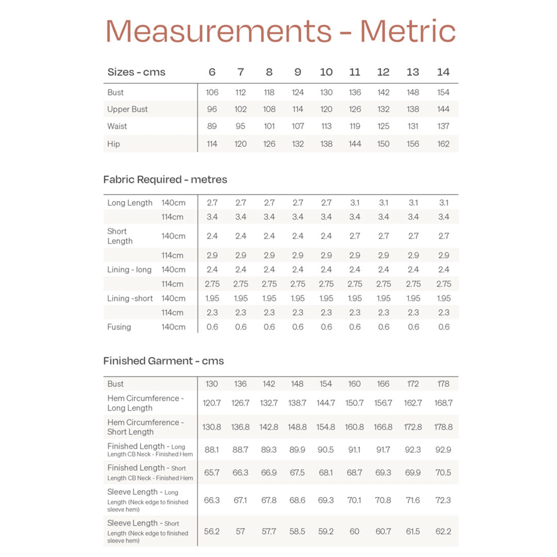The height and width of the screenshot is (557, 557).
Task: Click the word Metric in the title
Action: click(x=407, y=31)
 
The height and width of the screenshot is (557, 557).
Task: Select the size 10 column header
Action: click(x=326, y=72)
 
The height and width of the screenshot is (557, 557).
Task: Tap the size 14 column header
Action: click(x=443, y=72)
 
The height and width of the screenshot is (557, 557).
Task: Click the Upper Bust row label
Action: click(x=127, y=109)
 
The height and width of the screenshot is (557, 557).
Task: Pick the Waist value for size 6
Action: click(x=212, y=126)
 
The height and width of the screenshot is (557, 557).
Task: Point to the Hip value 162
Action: click(x=443, y=144)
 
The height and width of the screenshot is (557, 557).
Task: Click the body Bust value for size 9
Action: click(x=298, y=92)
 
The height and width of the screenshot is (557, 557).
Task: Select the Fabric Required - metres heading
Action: click(x=165, y=179)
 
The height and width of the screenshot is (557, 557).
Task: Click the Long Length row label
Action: click(x=130, y=203)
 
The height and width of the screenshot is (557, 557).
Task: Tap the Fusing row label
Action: click(x=119, y=327)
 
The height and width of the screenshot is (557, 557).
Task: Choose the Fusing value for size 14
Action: click(x=443, y=327)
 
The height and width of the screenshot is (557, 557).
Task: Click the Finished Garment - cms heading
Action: click(x=163, y=361)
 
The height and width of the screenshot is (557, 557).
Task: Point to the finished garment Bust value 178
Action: click(x=443, y=384)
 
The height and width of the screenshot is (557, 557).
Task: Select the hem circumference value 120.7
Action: click(x=212, y=403)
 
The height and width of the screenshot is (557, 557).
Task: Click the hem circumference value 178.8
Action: click(x=443, y=427)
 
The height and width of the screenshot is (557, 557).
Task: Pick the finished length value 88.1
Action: click(x=212, y=450)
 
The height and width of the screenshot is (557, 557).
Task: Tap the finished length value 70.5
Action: click(x=443, y=472)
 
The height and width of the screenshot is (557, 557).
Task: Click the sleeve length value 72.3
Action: click(x=443, y=500)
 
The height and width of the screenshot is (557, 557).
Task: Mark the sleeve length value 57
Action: click(x=240, y=531)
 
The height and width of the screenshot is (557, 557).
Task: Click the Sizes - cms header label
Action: click(x=136, y=72)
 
